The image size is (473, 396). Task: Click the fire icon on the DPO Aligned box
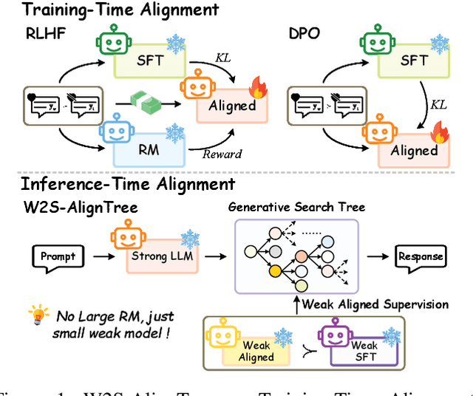point(437,134)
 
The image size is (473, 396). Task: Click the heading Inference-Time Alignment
point(128,184)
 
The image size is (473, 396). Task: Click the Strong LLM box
point(159,256)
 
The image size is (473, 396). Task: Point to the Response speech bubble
point(421,257)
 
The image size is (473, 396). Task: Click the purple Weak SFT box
point(364,350)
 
